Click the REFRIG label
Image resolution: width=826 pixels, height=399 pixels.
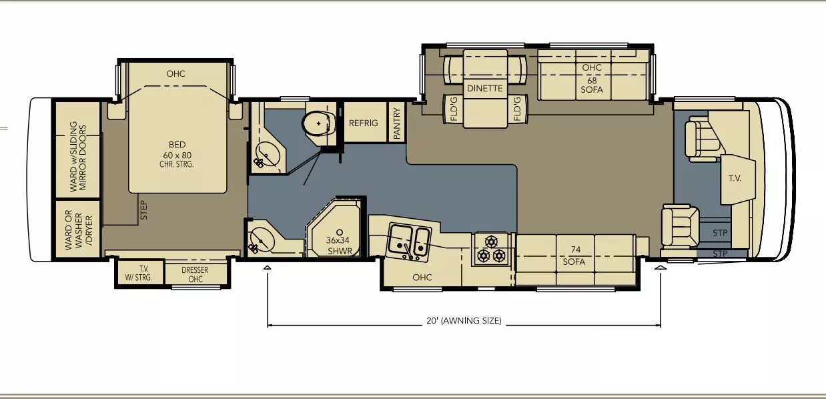pyautogui.click(x=363, y=123)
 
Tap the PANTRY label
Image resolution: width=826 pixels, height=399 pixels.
pyautogui.click(x=397, y=123)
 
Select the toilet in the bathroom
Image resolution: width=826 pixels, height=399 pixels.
pyautogui.click(x=319, y=123)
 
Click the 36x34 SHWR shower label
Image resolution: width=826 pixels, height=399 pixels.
pyautogui.click(x=339, y=246)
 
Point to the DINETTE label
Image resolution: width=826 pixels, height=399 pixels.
pyautogui.click(x=485, y=88)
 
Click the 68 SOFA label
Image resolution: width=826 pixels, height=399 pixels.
pyautogui.click(x=592, y=85)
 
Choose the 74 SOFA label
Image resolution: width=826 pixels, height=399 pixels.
pyautogui.click(x=574, y=256)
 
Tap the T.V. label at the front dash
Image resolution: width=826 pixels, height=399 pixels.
pyautogui.click(x=735, y=178)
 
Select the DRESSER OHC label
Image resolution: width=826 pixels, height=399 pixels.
pyautogui.click(x=195, y=274)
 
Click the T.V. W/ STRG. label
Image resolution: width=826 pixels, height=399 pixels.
pyautogui.click(x=139, y=274)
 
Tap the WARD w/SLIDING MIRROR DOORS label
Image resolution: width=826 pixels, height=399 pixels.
pyautogui.click(x=78, y=156)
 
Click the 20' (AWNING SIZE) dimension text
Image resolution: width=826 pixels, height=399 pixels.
pyautogui.click(x=464, y=321)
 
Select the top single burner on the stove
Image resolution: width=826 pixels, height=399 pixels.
pyautogui.click(x=491, y=242)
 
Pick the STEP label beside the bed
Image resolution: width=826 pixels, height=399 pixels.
pyautogui.click(x=144, y=210)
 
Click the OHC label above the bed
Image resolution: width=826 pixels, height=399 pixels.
pyautogui.click(x=176, y=74)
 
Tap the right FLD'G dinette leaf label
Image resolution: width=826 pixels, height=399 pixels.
pyautogui.click(x=517, y=109)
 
